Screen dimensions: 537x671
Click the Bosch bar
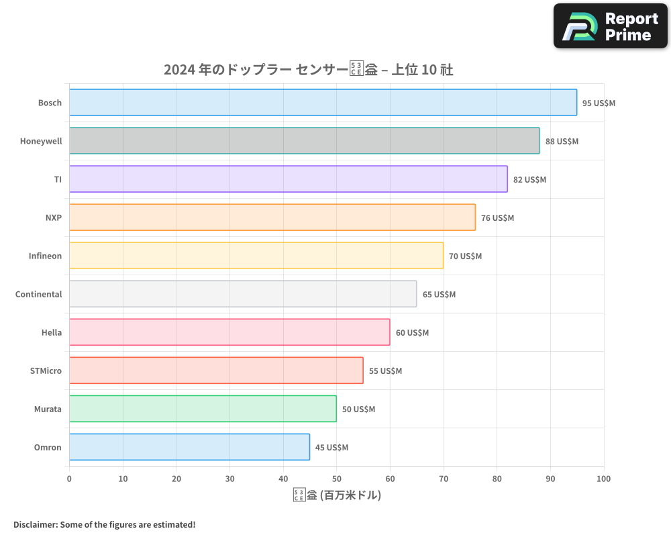323,103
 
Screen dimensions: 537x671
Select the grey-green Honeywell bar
304,141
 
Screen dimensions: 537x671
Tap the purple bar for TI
288,179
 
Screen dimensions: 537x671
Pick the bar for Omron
189,447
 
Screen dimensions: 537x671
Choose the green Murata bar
203,409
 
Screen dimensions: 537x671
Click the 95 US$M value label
599,103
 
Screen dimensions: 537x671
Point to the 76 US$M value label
497,218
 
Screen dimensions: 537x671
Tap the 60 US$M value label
412,333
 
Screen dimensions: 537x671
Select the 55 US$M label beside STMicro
385,371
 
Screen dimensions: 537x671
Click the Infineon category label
45,256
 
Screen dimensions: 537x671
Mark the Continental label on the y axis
38,294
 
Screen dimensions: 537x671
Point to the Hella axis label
51,332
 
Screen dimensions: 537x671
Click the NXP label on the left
53,217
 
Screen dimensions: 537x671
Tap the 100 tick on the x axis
603,479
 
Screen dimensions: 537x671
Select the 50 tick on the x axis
336,479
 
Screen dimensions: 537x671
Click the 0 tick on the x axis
69,479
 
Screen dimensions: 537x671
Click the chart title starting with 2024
309,70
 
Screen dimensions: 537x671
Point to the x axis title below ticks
337,495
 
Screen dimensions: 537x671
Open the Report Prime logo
610,26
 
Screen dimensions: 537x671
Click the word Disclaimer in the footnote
35,524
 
